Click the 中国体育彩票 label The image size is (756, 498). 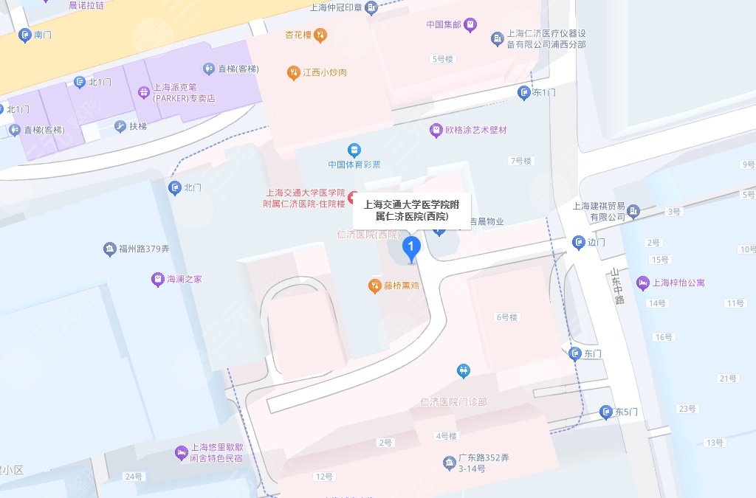(x=355, y=164)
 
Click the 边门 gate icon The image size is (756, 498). (x=579, y=242)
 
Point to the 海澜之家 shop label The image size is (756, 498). (x=184, y=280)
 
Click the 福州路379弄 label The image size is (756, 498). (x=143, y=249)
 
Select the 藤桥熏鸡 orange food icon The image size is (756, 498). (x=375, y=285)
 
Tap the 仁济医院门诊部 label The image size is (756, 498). (x=453, y=401)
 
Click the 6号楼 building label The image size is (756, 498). (x=506, y=317)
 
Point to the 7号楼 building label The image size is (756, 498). (x=520, y=160)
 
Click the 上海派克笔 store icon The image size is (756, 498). (x=144, y=92)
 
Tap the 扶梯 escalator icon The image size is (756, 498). (x=120, y=126)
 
